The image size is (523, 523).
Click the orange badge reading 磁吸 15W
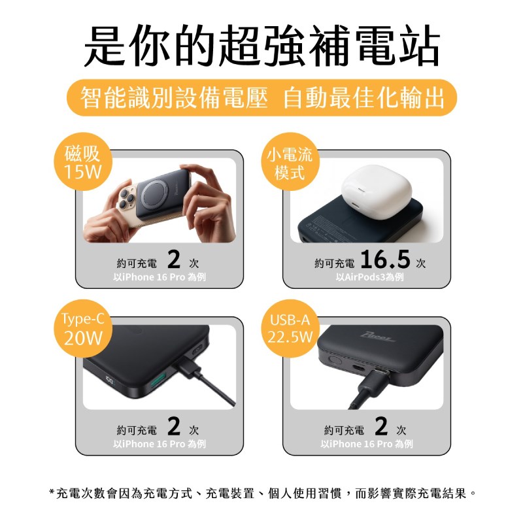[x=83, y=161]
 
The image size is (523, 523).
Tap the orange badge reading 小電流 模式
[x=290, y=161]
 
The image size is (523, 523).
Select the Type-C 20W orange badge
[x=83, y=329]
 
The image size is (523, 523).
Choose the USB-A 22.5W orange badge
[x=290, y=329]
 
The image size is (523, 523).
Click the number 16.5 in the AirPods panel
[x=385, y=260]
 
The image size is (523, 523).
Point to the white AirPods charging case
[x=377, y=188]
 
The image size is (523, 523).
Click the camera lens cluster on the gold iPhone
[x=126, y=197]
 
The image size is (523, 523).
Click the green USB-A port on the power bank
[x=158, y=381]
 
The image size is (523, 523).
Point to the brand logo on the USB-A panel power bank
[x=379, y=337]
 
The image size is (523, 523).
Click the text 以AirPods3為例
[x=369, y=277]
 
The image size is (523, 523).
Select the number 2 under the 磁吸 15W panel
[x=174, y=260]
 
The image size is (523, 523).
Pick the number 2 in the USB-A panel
[x=381, y=426]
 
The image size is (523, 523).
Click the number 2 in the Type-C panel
[x=174, y=426]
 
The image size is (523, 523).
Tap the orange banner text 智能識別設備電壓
[x=174, y=97]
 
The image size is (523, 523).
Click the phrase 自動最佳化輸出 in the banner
[x=364, y=97]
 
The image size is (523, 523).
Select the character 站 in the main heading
[x=420, y=46]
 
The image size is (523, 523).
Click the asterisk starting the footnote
[x=52, y=492]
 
